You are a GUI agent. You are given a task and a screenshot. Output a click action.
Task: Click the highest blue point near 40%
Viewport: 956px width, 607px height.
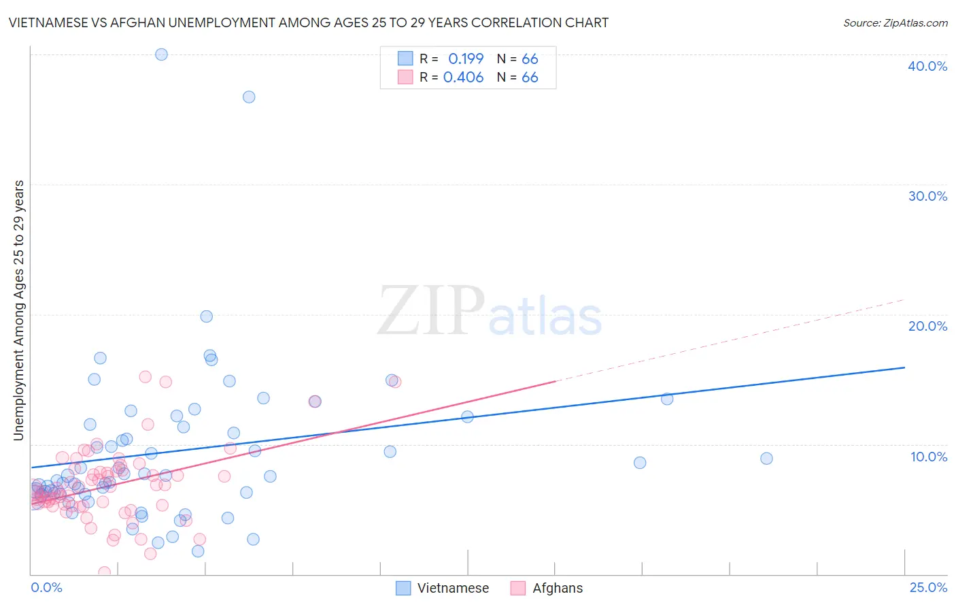tap(161, 54)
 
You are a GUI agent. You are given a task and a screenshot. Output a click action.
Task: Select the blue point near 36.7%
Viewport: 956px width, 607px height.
tap(249, 97)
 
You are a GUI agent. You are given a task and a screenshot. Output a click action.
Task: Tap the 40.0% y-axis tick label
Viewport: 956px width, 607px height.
tap(927, 66)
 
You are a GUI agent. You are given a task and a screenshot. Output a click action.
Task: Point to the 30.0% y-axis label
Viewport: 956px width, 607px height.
tap(927, 196)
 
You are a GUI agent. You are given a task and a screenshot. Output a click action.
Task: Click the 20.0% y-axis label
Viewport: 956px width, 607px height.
tap(927, 326)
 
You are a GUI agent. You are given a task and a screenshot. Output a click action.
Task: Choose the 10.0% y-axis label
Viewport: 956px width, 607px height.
tap(929, 457)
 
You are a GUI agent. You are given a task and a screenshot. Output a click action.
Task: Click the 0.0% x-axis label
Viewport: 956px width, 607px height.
tap(46, 587)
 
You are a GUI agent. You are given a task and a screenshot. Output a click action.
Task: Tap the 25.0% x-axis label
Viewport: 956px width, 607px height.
tap(928, 587)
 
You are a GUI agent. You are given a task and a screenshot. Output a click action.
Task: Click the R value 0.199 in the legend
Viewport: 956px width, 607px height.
tap(466, 59)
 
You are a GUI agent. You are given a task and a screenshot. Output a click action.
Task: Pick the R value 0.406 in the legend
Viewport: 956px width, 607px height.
tap(463, 78)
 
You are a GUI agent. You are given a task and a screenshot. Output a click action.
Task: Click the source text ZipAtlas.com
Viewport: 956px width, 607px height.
tap(895, 23)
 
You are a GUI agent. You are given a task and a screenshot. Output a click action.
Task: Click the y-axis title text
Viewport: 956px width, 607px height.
tap(18, 310)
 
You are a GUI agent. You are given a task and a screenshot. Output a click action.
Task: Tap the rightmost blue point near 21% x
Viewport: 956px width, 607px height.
tap(766, 459)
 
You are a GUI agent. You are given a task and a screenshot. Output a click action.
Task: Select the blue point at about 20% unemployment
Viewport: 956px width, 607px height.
tap(207, 316)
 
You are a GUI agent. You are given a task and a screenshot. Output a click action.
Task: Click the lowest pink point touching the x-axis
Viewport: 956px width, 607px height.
tap(105, 572)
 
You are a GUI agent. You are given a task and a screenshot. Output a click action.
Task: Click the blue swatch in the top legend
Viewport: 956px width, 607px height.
tap(405, 59)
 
